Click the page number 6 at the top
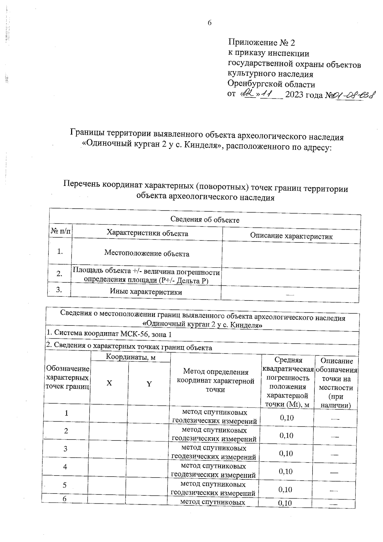[210, 23]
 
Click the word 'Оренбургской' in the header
[253, 85]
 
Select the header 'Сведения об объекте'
[205, 220]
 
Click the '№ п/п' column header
[61, 231]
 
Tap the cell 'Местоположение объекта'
[147, 254]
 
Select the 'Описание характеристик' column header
[291, 236]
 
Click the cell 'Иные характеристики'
[146, 292]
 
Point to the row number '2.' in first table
[59, 274]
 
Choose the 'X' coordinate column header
[109, 383]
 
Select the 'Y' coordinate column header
[149, 384]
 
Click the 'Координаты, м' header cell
[131, 357]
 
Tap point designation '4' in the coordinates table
[65, 467]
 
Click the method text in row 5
[213, 489]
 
